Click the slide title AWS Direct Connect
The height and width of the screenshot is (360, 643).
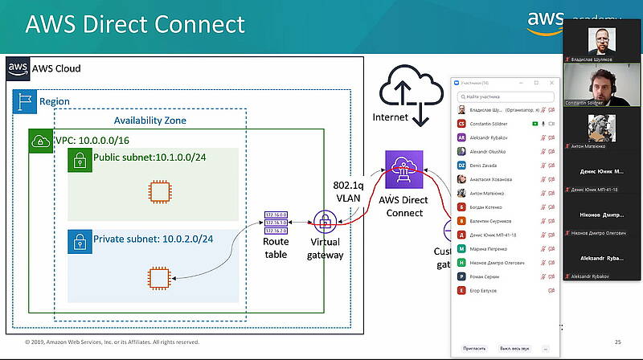(135, 23)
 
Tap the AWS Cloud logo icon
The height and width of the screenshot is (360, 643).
(18, 68)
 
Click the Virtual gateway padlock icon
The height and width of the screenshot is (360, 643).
(325, 221)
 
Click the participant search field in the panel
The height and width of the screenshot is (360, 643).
(506, 96)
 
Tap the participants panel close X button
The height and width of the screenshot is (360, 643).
(552, 83)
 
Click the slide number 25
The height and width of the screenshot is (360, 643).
(618, 342)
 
